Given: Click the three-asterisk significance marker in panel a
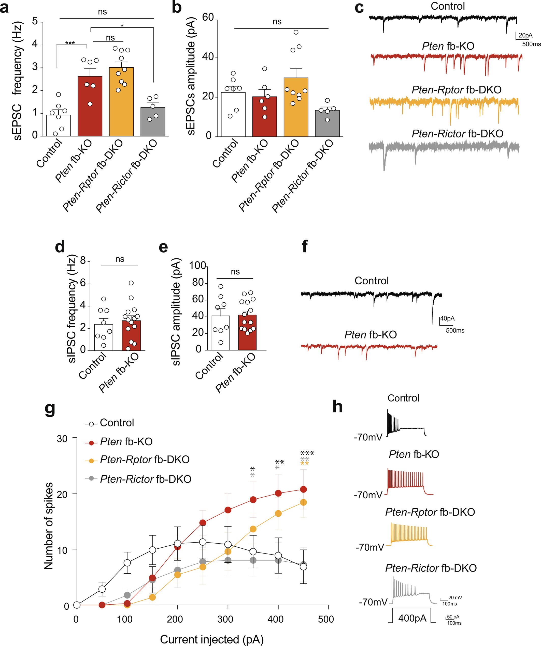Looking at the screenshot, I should [70, 43].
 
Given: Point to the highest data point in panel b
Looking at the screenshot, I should [296, 32].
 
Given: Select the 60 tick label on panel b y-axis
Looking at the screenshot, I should [208, 18].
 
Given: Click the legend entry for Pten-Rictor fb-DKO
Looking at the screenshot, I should [145, 479].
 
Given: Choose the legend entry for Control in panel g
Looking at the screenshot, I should [117, 423].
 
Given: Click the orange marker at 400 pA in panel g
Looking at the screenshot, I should [278, 513].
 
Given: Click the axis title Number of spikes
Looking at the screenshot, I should [49, 526].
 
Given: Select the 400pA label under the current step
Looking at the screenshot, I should [412, 618].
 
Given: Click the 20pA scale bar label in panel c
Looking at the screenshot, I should [525, 35].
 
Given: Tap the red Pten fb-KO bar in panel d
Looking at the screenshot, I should [131, 337].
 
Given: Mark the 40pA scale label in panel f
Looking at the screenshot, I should [447, 318].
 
